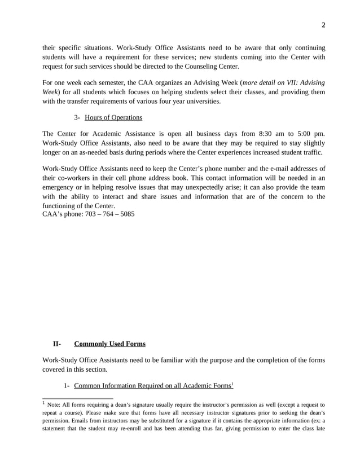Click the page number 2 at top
(324, 24)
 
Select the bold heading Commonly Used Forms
(109, 344)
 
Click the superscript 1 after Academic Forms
(232, 384)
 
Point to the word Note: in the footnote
(57, 405)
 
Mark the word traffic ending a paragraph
(310, 152)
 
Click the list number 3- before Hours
(78, 117)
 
